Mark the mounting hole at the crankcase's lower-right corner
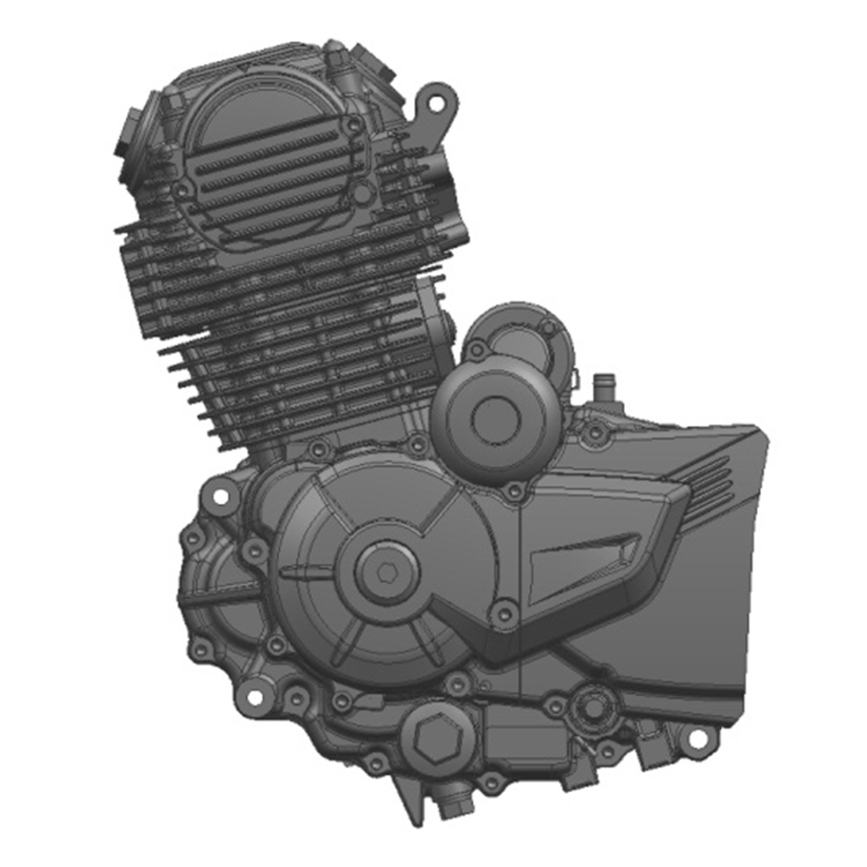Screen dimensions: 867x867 coord(697,739)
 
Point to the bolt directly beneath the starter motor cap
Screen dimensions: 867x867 coord(515,493)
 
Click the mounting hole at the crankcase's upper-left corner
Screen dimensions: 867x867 coord(217,497)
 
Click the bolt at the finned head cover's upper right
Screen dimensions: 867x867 coord(356,123)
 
